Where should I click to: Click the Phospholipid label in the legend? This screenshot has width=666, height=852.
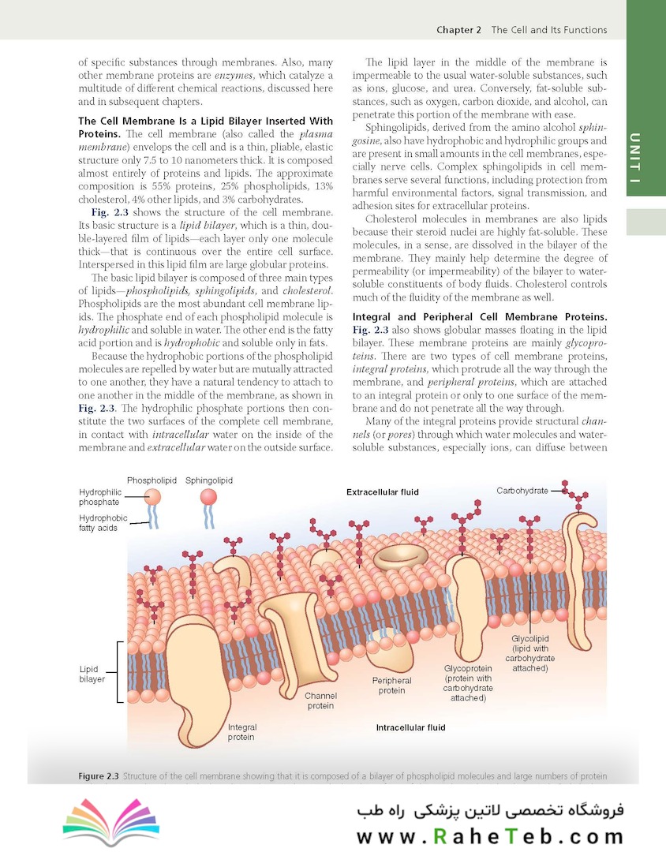point(151,480)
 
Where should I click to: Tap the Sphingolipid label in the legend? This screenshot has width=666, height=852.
point(209,480)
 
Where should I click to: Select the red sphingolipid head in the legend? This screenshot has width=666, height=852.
point(208,497)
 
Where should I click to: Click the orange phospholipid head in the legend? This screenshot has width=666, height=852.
point(152,497)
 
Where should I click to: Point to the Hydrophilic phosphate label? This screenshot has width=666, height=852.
point(99,497)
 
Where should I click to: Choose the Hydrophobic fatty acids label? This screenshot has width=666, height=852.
point(103,523)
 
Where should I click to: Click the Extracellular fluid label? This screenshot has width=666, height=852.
point(383,492)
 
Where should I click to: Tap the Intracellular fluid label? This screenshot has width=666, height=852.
point(410,727)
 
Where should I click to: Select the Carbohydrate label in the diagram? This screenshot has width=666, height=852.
point(522,491)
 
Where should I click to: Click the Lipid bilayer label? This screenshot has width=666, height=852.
point(92,674)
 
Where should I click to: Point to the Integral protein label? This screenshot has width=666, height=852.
point(241,732)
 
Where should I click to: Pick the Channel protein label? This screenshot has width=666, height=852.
point(320,701)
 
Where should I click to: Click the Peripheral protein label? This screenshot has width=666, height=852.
point(391,685)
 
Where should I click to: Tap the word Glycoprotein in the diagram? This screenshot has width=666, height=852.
point(468,668)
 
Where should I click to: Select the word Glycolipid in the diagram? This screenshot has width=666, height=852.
point(530,638)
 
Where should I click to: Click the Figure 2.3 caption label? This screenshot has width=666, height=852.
point(99,776)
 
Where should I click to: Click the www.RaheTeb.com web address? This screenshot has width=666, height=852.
point(489,836)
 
